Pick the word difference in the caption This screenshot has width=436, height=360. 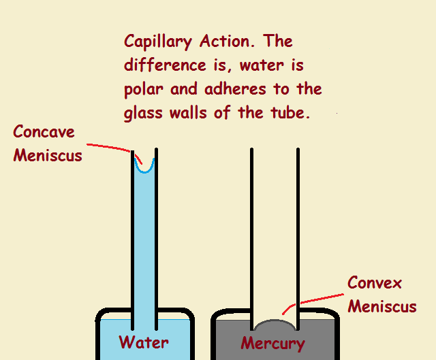pyautogui.click(x=165, y=65)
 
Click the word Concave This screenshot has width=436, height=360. pyautogui.click(x=44, y=131)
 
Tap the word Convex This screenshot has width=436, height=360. pyautogui.click(x=375, y=282)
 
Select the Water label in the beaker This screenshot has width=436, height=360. pyautogui.click(x=144, y=342)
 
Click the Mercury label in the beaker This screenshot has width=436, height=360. pyautogui.click(x=272, y=342)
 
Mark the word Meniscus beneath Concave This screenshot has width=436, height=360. pyautogui.click(x=48, y=155)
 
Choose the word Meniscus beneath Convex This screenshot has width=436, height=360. pyautogui.click(x=382, y=306)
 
